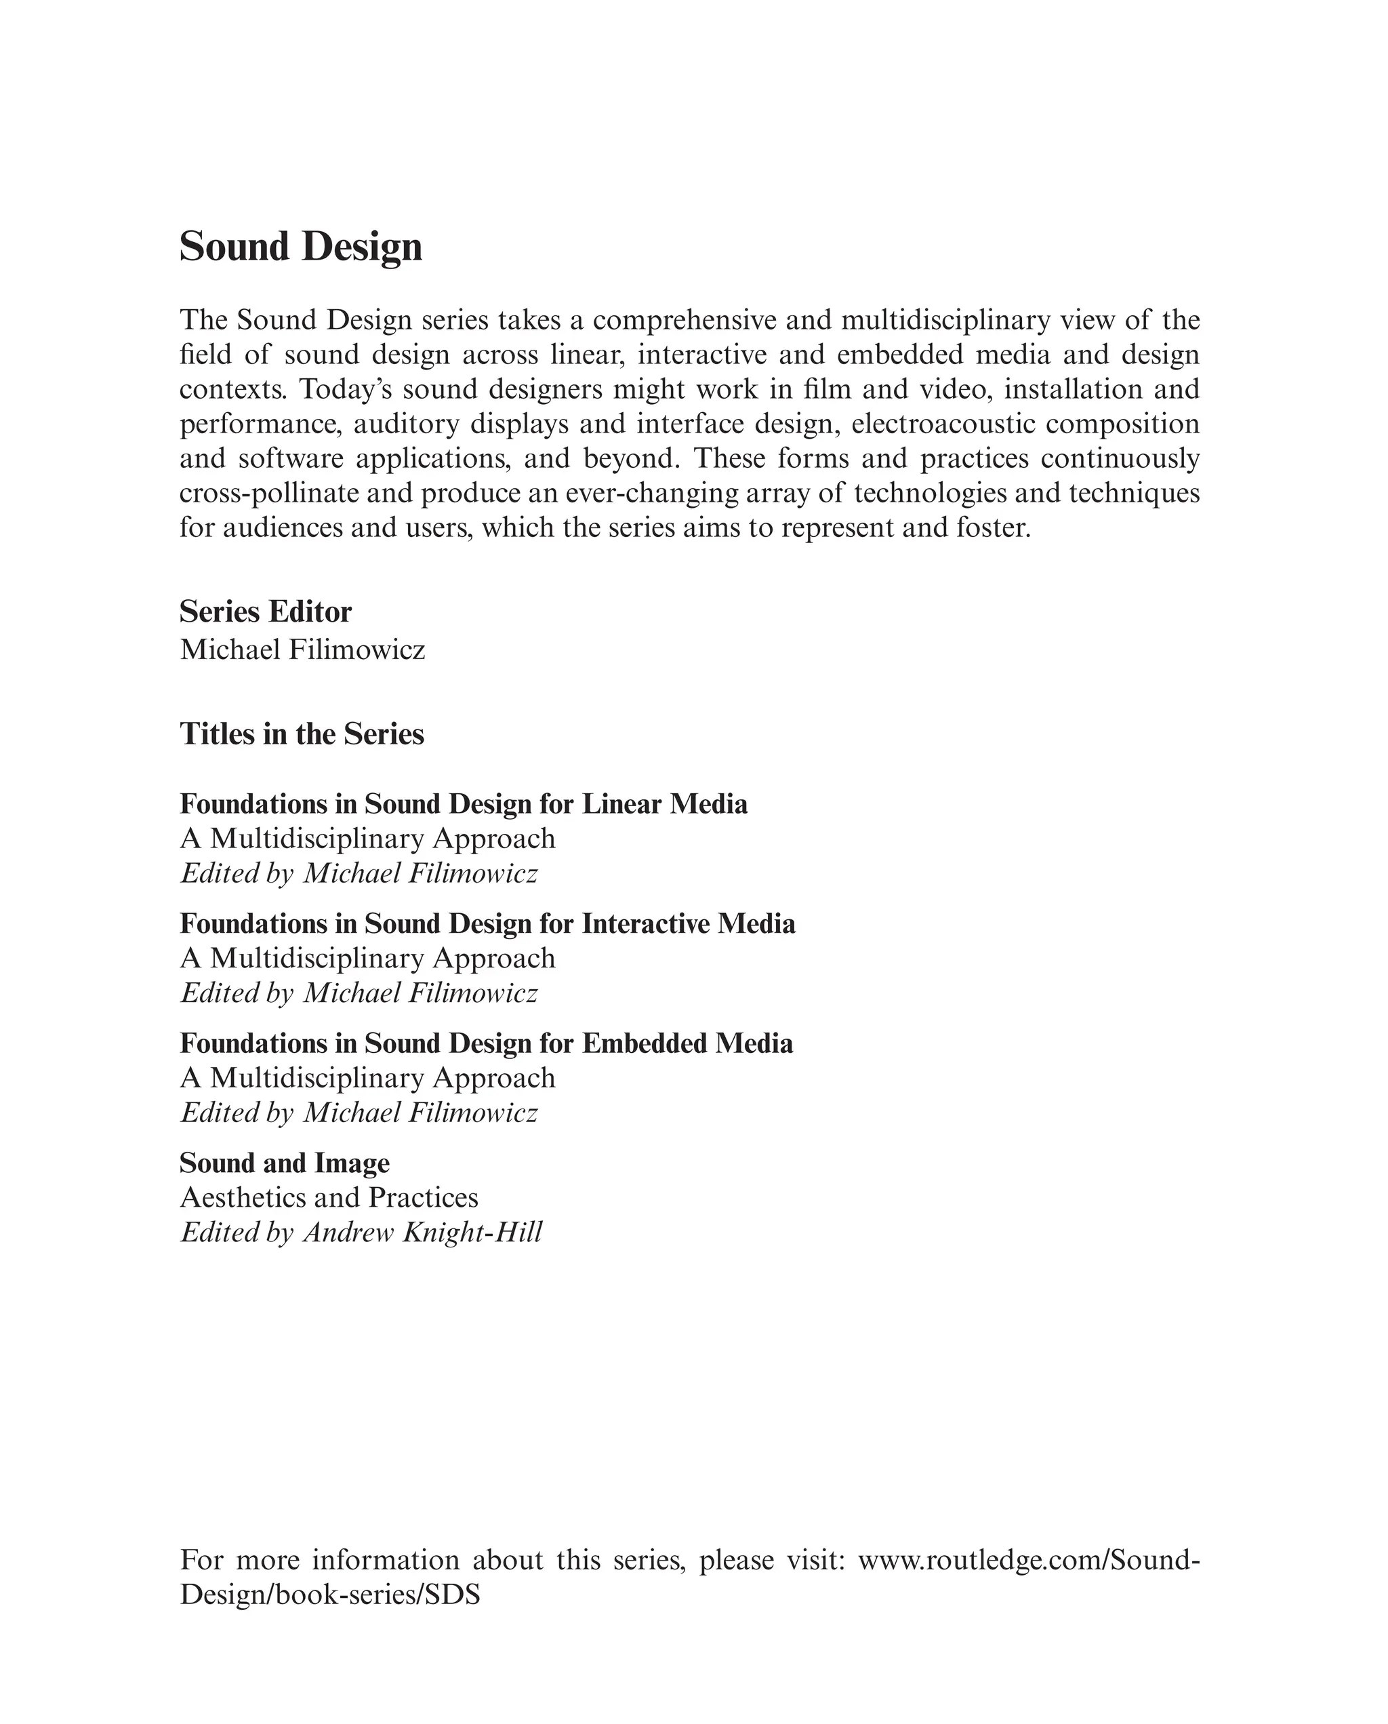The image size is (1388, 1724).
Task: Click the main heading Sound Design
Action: pos(301,247)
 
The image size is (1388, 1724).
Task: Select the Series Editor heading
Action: pos(266,612)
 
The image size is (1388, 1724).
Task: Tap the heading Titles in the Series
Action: pos(302,734)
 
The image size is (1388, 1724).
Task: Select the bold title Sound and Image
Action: pos(285,1163)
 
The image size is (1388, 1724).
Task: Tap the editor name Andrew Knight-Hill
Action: pos(422,1232)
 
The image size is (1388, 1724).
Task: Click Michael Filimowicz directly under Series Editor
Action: pos(302,649)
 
